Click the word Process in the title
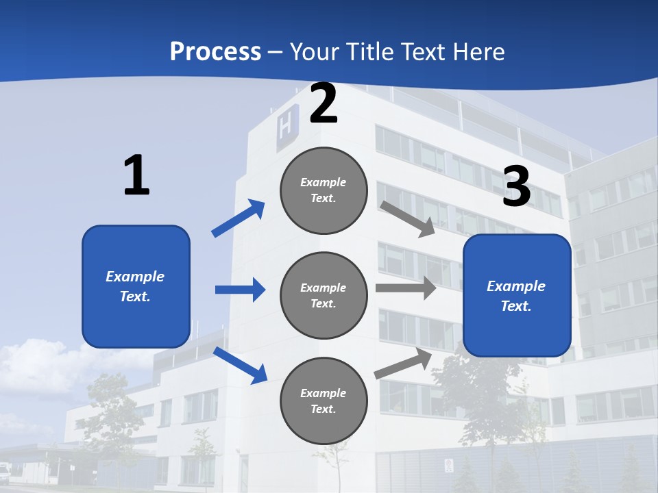[x=215, y=52]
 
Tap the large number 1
[x=136, y=176]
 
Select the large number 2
[x=324, y=104]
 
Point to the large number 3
[x=516, y=186]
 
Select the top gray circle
[x=324, y=190]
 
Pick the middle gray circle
[x=324, y=295]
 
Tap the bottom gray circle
[x=324, y=401]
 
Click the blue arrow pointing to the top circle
[x=239, y=218]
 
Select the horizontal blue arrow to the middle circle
[x=240, y=290]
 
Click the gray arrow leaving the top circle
[x=408, y=218]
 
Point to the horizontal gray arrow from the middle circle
[x=406, y=288]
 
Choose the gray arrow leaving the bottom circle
[x=403, y=363]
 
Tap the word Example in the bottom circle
[x=323, y=393]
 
